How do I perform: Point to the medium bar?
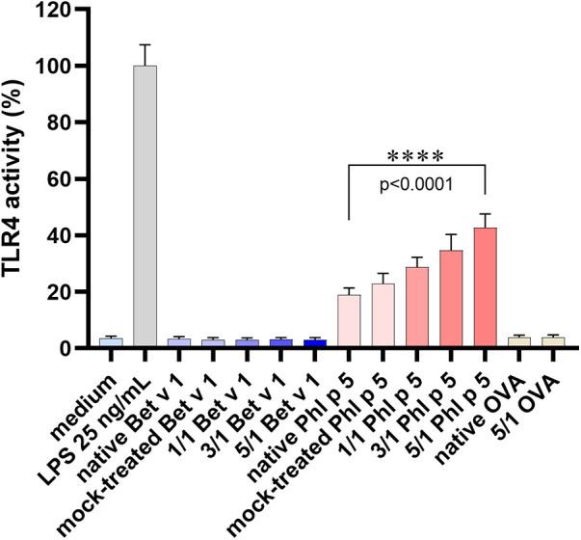(111, 342)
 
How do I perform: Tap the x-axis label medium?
(89, 385)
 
